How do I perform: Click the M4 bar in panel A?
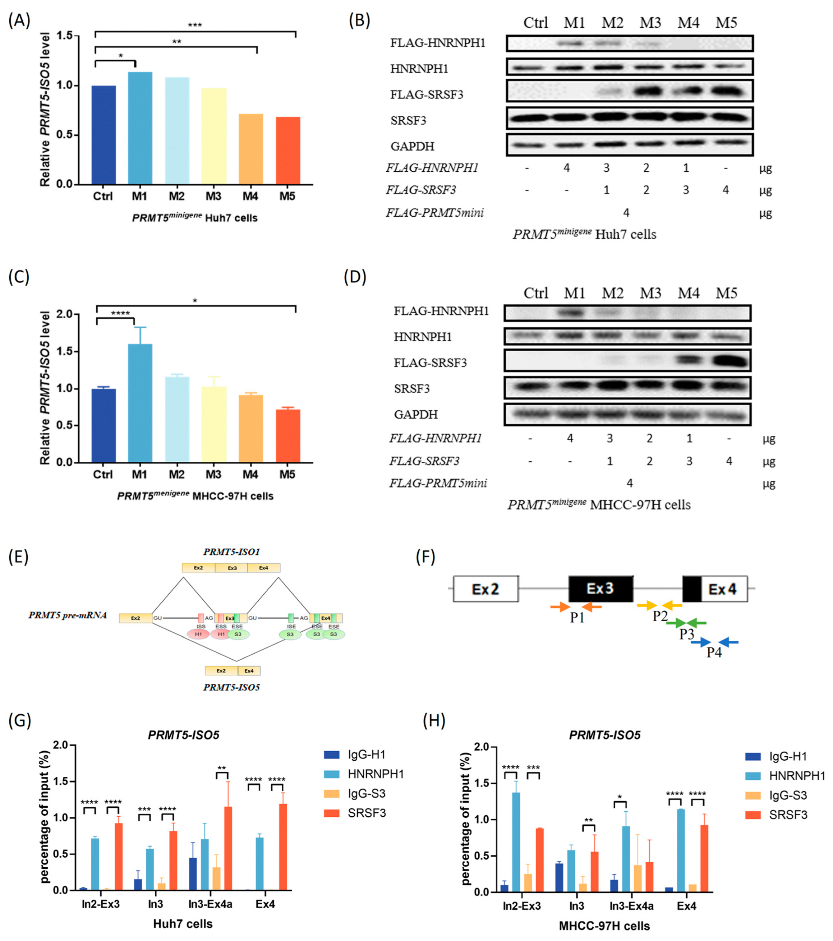click(250, 149)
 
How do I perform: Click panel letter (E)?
click(18, 557)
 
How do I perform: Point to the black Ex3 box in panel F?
click(600, 589)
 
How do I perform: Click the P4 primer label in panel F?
click(714, 652)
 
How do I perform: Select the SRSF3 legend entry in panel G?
click(366, 813)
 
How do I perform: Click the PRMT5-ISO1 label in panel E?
click(232, 552)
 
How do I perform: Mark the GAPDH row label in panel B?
click(412, 146)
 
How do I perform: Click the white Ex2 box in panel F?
click(485, 589)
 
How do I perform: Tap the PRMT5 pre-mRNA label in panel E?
click(68, 615)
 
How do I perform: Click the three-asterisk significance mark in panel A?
click(195, 25)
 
